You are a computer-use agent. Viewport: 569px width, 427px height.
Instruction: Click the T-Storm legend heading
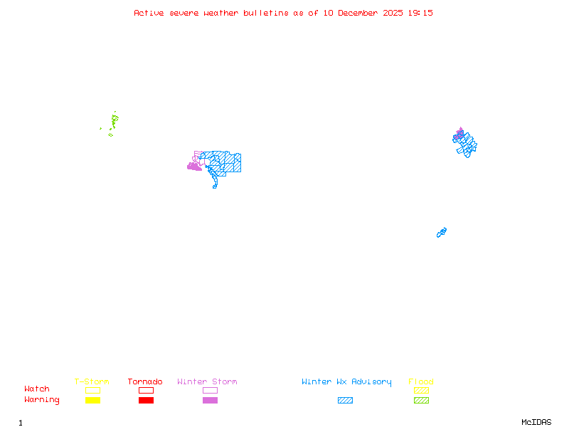point(92,382)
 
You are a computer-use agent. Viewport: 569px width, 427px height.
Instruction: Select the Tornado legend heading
point(145,382)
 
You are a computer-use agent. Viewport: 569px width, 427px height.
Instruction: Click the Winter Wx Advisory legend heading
point(346,382)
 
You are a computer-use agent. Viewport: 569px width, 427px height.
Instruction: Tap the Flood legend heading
point(421,382)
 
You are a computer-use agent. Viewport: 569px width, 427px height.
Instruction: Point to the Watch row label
point(37,389)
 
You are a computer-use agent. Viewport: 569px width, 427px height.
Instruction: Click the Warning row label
point(42,400)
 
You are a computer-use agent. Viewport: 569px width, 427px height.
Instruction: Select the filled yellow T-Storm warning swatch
point(92,401)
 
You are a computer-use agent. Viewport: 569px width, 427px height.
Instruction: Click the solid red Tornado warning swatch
point(146,401)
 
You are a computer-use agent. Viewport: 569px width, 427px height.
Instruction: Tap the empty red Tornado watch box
point(146,390)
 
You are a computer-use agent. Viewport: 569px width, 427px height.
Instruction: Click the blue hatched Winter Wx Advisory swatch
point(345,401)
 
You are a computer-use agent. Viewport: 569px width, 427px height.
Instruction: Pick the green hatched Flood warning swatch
point(421,401)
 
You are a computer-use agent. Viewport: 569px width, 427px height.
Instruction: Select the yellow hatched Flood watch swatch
point(421,390)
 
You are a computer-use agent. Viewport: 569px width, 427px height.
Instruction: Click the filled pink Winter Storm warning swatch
point(210,401)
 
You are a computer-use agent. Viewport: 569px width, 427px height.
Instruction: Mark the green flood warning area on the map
point(114,121)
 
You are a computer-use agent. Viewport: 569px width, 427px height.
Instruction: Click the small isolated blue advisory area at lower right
point(442,233)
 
